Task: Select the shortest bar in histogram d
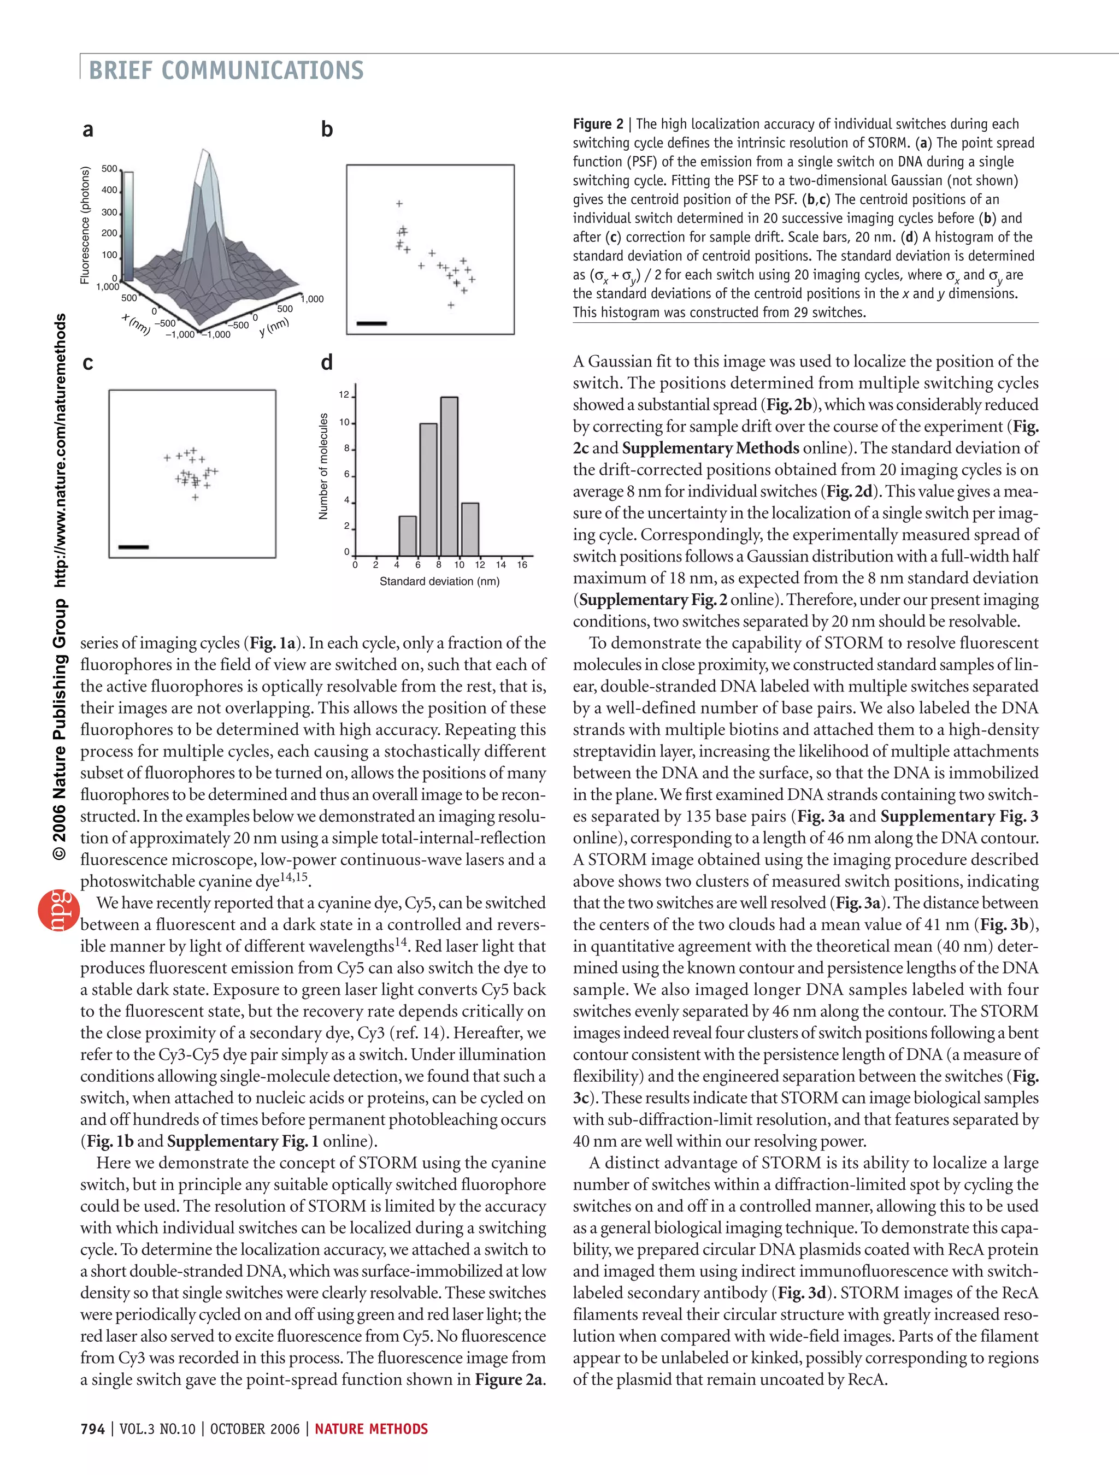(x=408, y=535)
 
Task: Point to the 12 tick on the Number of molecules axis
(x=344, y=395)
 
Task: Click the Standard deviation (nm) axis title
(x=439, y=581)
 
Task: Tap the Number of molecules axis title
(x=324, y=466)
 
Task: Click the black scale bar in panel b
(x=372, y=323)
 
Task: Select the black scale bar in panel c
(x=133, y=547)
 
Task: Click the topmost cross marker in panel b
(x=399, y=203)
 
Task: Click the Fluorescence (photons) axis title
(x=85, y=226)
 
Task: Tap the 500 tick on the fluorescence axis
(x=109, y=169)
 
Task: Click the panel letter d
(x=327, y=363)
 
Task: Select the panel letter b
(x=327, y=129)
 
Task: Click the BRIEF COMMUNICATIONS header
(x=226, y=70)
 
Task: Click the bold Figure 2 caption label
(x=598, y=124)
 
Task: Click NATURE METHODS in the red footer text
(x=372, y=1429)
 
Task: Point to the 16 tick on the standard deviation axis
(x=522, y=565)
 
